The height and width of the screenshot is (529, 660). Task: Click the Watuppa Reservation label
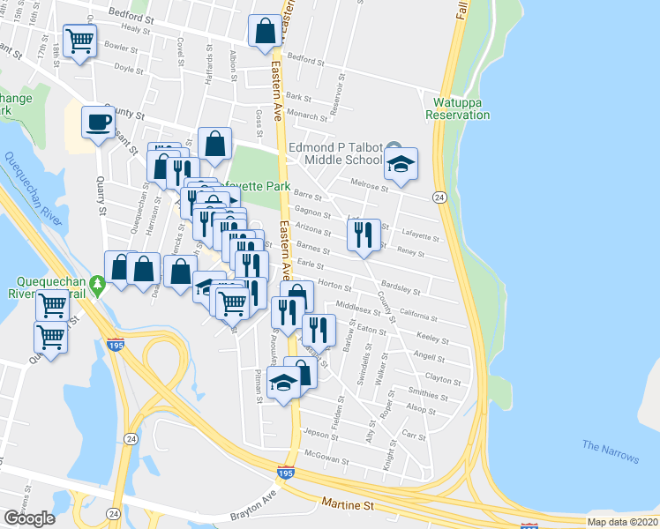[x=457, y=108]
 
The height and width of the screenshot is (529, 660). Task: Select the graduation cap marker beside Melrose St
[x=401, y=164]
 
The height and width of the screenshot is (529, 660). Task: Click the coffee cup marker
[x=98, y=122]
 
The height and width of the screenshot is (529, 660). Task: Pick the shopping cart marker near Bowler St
[x=80, y=41]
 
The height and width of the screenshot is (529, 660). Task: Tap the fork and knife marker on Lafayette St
[x=363, y=235]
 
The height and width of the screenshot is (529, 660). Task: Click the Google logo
[x=29, y=518]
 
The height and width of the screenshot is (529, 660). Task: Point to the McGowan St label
[x=323, y=455]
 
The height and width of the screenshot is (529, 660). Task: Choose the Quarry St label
[x=102, y=198]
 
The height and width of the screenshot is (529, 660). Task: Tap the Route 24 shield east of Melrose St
[x=439, y=196]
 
